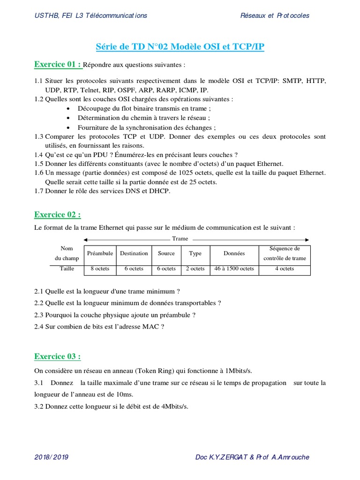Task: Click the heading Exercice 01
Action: [x=58, y=64]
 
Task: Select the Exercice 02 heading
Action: [x=57, y=215]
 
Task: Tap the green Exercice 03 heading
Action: [x=57, y=357]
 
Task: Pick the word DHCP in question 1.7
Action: [x=159, y=191]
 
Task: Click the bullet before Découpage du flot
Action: [x=68, y=109]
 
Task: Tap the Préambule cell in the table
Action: [x=100, y=254]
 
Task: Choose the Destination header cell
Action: [x=134, y=254]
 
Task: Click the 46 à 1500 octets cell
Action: [x=234, y=269]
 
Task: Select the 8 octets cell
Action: [x=100, y=269]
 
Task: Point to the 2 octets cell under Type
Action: [x=195, y=269]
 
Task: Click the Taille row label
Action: [x=67, y=269]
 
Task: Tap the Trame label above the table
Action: [x=180, y=239]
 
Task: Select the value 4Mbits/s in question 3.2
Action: [x=174, y=406]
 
